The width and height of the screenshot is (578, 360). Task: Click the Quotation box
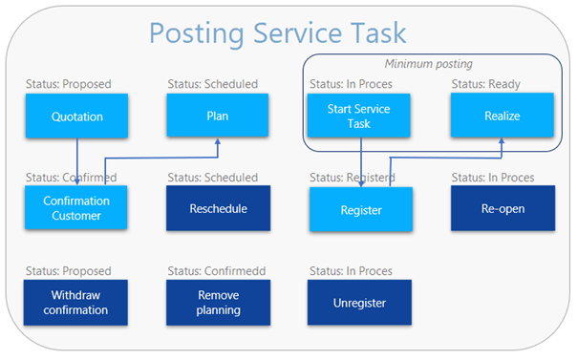[75, 116]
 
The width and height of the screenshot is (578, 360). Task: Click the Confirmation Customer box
[75, 208]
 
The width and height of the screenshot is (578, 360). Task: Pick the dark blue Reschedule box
[218, 208]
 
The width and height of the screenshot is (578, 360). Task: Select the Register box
[360, 209]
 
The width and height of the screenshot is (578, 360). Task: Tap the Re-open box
[502, 208]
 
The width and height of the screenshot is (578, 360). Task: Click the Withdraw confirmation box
[75, 302]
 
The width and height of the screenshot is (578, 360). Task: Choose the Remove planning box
[218, 302]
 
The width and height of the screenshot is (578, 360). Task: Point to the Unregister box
[359, 302]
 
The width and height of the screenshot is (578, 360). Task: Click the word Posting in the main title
[202, 33]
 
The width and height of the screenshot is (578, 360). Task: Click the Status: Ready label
[485, 84]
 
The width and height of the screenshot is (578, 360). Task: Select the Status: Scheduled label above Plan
[212, 84]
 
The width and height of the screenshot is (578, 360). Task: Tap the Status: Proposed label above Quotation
[69, 84]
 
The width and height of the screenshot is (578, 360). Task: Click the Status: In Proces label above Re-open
[492, 178]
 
